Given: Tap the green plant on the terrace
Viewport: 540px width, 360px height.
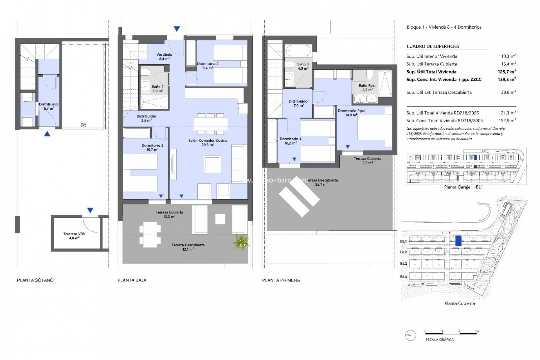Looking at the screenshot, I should [x=241, y=242].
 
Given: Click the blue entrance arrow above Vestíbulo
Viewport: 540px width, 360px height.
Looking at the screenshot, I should [x=177, y=29].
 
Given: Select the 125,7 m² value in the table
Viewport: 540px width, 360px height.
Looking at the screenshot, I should [x=507, y=72].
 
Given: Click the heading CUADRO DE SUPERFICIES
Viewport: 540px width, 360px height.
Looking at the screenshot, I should [x=433, y=46].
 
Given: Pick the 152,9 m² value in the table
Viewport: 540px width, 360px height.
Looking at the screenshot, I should [x=507, y=121].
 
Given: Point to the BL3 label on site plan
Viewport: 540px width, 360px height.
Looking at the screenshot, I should [x=403, y=264].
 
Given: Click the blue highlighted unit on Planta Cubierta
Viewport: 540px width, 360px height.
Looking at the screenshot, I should [x=458, y=241].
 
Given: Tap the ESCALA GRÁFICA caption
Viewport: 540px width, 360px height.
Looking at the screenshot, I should [x=439, y=339].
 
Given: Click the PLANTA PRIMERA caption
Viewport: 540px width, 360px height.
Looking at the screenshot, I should [x=281, y=280].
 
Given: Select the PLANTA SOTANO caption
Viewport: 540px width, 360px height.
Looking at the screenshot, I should [x=35, y=280].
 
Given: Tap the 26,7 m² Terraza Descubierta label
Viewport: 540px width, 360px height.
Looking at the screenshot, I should [x=321, y=182].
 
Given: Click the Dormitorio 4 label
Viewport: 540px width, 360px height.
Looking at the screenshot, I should [x=291, y=141].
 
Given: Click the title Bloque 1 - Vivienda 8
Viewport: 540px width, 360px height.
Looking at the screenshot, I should [x=444, y=27].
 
